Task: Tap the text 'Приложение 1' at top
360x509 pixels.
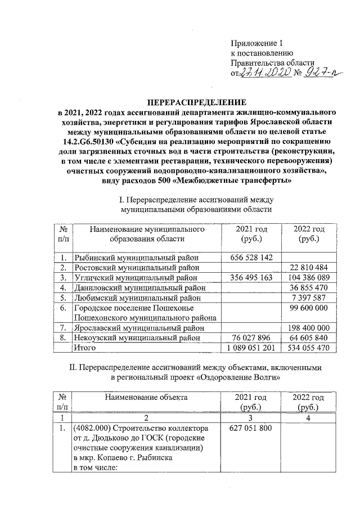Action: point(255,43)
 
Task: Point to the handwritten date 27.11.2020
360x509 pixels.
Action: point(264,73)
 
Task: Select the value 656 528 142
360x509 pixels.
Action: point(251,257)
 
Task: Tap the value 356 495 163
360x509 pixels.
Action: point(251,277)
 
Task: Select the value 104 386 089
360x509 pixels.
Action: point(307,277)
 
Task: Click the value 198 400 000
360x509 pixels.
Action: point(307,328)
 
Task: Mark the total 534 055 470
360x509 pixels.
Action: point(307,348)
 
